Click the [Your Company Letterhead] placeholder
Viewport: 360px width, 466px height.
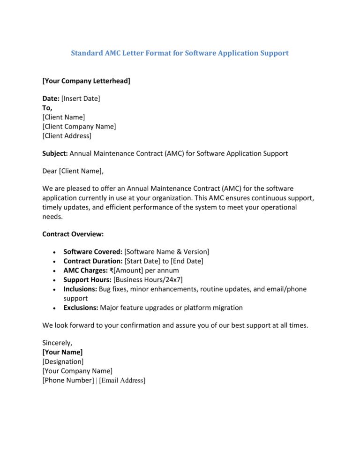[86, 81]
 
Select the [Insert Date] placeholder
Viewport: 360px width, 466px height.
[81, 99]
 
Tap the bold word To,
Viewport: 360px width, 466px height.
[47, 108]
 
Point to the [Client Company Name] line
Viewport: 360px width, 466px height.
[79, 127]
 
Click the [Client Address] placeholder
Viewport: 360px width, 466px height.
[67, 136]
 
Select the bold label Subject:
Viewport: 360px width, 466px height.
[55, 153]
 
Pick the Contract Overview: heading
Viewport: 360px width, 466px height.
[73, 234]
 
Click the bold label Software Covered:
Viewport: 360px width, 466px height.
[93, 252]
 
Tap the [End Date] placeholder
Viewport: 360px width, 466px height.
[187, 261]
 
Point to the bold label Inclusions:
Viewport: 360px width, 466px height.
[80, 289]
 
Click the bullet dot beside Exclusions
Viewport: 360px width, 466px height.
[55, 308]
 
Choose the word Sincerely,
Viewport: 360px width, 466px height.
[57, 343]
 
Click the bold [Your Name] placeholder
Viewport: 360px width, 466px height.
[62, 352]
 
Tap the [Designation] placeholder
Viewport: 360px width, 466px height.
[63, 361]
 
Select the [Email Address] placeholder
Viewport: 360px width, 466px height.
[122, 381]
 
